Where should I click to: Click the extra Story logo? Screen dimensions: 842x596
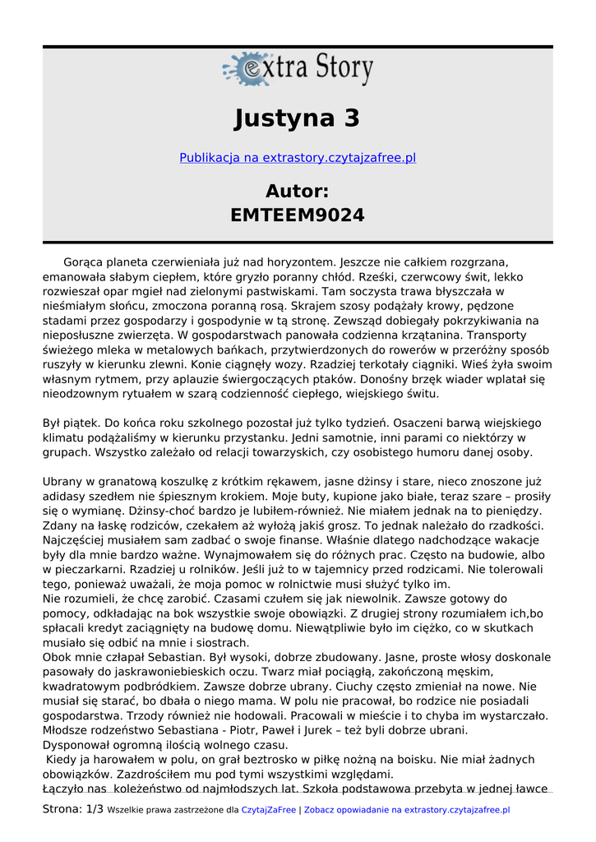[x=298, y=70]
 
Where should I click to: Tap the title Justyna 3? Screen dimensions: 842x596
[x=298, y=118]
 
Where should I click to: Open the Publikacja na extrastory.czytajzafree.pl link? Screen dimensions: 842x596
[x=298, y=158]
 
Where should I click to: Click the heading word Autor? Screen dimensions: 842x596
[x=298, y=192]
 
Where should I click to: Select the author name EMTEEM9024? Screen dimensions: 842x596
[x=298, y=215]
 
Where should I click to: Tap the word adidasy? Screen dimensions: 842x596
[x=63, y=497]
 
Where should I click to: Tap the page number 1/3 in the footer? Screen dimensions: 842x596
[x=95, y=810]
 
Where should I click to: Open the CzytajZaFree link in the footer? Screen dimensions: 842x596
[x=269, y=810]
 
